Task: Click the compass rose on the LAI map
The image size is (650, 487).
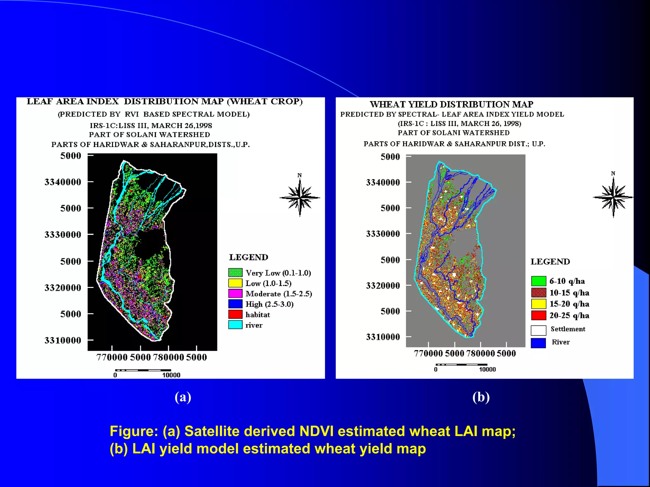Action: [x=300, y=197]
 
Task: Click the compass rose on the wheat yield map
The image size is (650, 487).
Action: [x=613, y=197]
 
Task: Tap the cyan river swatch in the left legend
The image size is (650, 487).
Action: [x=235, y=325]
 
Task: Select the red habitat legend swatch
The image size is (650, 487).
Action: [x=235, y=314]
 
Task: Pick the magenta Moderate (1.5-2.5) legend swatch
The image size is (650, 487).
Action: [x=235, y=293]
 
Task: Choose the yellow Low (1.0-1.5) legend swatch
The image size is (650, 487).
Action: [x=235, y=283]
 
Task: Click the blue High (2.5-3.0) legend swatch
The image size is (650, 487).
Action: [x=235, y=304]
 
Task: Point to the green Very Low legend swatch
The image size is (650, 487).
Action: [x=235, y=272]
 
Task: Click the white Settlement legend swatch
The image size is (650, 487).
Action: [x=538, y=330]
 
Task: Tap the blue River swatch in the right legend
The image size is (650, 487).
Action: [x=538, y=343]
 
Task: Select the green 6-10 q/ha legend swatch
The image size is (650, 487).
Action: [x=539, y=281]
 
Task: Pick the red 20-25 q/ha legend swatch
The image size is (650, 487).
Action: [x=539, y=315]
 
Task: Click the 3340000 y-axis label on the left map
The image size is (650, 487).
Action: [x=63, y=182]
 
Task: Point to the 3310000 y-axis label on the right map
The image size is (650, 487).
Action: [x=383, y=337]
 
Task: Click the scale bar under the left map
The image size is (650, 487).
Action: [x=143, y=370]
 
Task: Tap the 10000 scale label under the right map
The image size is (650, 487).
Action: [x=487, y=369]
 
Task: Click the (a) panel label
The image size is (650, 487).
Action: [x=183, y=397]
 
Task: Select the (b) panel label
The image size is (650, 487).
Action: [x=481, y=397]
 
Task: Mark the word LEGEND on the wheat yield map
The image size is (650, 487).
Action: [x=550, y=262]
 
